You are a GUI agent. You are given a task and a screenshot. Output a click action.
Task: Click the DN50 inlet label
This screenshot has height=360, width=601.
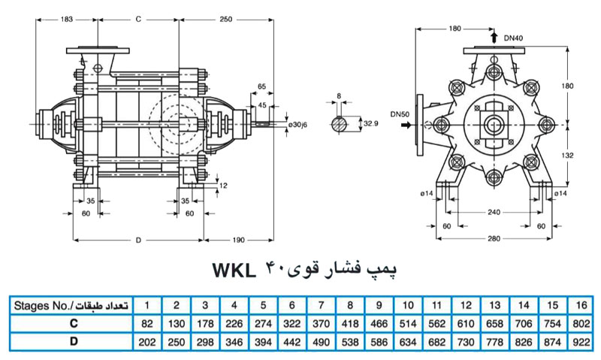(x=400, y=113)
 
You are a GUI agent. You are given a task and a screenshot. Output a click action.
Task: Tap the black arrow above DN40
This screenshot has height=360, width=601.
(x=494, y=36)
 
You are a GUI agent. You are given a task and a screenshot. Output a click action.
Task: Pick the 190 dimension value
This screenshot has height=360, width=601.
(x=237, y=240)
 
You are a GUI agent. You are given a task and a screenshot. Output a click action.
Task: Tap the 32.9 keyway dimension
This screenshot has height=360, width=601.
(x=370, y=123)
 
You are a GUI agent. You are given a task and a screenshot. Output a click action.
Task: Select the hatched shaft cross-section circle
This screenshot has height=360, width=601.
(x=340, y=123)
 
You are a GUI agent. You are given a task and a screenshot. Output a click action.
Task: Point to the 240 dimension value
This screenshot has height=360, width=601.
(x=494, y=213)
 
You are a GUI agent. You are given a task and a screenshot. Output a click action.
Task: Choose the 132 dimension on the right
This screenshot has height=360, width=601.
(x=568, y=155)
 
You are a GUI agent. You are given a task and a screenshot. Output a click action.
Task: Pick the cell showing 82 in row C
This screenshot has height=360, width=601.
(x=147, y=323)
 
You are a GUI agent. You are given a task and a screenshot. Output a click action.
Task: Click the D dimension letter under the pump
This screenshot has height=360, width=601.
(x=138, y=240)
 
